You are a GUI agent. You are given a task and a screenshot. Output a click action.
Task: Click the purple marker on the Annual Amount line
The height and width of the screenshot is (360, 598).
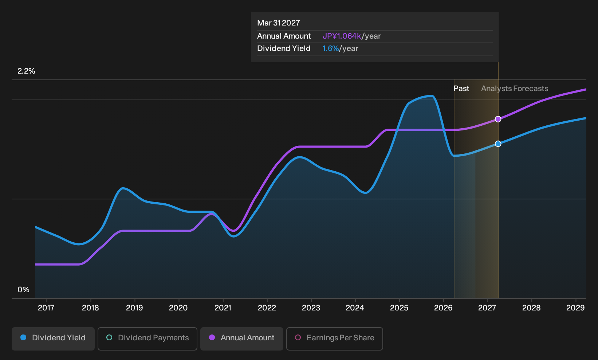pyautogui.click(x=498, y=119)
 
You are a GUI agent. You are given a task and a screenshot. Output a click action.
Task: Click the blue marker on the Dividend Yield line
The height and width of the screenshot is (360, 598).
pyautogui.click(x=498, y=144)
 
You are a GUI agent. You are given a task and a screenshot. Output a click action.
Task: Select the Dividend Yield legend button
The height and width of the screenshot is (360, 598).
pyautogui.click(x=53, y=339)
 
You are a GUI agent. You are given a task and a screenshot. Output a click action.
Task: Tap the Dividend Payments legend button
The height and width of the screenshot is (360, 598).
pyautogui.click(x=147, y=339)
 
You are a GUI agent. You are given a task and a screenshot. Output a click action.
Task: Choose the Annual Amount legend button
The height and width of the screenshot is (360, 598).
pyautogui.click(x=241, y=339)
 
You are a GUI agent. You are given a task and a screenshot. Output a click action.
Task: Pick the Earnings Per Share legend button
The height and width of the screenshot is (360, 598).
pyautogui.click(x=334, y=339)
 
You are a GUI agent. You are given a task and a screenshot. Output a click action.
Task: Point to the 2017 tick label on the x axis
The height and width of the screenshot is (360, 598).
pyautogui.click(x=46, y=308)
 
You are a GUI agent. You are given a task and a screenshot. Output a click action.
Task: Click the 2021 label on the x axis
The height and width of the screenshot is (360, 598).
pyautogui.click(x=223, y=308)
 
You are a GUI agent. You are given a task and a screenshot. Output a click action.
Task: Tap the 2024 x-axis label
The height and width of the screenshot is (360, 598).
pyautogui.click(x=355, y=308)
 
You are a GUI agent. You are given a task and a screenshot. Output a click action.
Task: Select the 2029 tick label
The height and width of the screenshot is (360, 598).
pyautogui.click(x=575, y=308)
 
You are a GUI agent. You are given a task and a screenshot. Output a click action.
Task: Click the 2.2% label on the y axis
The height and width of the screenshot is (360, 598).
pyautogui.click(x=26, y=71)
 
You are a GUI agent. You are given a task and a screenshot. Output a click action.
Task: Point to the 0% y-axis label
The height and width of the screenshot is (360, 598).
pyautogui.click(x=23, y=290)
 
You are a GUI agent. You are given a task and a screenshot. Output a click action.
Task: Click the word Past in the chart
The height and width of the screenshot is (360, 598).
pyautogui.click(x=461, y=89)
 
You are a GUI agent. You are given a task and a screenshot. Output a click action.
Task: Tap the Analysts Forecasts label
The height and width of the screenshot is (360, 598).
pyautogui.click(x=515, y=89)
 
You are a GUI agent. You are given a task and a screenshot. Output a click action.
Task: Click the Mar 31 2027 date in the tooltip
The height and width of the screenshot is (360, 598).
pyautogui.click(x=279, y=23)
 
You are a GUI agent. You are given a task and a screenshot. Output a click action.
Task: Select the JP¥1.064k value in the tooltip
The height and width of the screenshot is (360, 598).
pyautogui.click(x=342, y=36)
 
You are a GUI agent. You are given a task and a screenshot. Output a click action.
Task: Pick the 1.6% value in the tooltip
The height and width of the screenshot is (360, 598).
pyautogui.click(x=330, y=48)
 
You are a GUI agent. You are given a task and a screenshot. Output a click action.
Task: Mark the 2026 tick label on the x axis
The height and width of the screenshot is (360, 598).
pyautogui.click(x=443, y=308)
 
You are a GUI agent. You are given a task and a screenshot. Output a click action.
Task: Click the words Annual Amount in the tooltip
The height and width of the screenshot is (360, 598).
pyautogui.click(x=284, y=36)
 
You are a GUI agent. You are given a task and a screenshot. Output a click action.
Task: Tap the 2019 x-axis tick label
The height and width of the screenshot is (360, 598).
pyautogui.click(x=134, y=308)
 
